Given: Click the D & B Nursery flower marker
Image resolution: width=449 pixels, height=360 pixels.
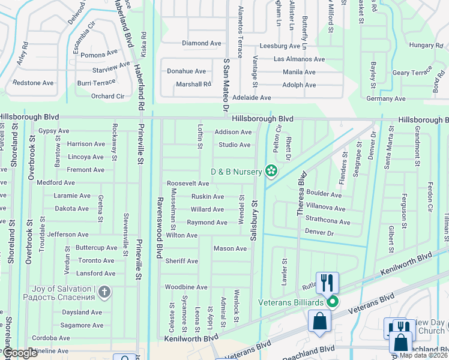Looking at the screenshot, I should tap(271, 172).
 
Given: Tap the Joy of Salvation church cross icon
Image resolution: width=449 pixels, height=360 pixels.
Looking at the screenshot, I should tap(104, 293).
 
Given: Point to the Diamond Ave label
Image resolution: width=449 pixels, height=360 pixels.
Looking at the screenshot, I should tap(202, 43).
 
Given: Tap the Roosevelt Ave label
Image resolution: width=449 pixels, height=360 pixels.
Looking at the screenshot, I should tap(187, 183).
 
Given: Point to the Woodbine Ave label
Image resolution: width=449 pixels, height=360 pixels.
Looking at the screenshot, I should tap(186, 287).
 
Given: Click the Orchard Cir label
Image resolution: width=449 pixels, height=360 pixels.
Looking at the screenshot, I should tap(107, 96).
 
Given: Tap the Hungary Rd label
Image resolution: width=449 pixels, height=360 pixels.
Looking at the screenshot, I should tap(425, 45).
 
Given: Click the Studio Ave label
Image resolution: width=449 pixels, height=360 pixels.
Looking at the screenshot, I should tap(234, 145).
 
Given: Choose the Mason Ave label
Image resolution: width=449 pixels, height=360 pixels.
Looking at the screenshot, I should tap(230, 248).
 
